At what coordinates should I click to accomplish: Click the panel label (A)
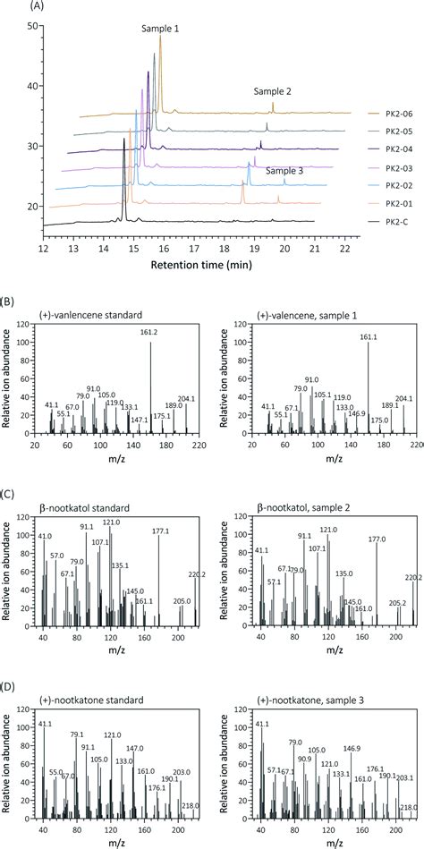tap(13, 6)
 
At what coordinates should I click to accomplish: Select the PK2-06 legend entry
tap(394, 114)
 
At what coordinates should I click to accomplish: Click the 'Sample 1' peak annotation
tap(160, 29)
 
